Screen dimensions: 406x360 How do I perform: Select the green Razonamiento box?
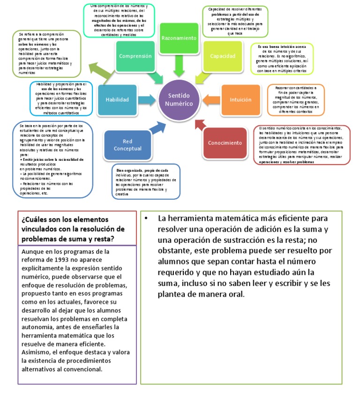(179, 38)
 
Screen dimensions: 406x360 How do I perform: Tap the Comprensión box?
(135, 56)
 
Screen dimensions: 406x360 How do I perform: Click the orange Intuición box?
(240, 100)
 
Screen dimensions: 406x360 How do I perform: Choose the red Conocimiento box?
(225, 143)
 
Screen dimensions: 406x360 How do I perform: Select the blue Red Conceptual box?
(127, 145)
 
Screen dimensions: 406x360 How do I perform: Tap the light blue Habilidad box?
(117, 100)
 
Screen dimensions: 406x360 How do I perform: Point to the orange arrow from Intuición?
(211, 99)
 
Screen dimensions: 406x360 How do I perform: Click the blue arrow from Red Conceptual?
(156, 128)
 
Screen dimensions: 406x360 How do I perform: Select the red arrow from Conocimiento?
(199, 124)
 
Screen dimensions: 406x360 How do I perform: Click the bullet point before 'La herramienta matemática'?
(147, 218)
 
